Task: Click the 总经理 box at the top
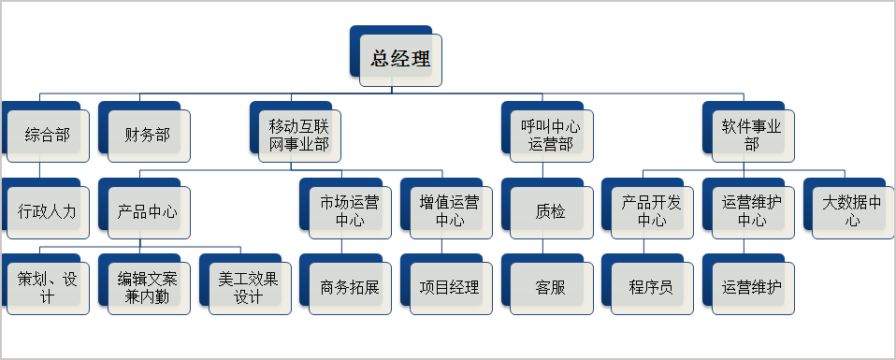point(401,60)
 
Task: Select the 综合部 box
point(47,135)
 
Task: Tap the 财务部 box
point(148,135)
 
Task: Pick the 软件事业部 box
point(753,135)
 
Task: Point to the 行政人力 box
point(47,211)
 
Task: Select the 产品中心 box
point(148,211)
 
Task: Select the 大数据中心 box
point(853,211)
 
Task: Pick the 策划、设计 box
point(47,287)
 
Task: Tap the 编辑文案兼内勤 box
point(148,287)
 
